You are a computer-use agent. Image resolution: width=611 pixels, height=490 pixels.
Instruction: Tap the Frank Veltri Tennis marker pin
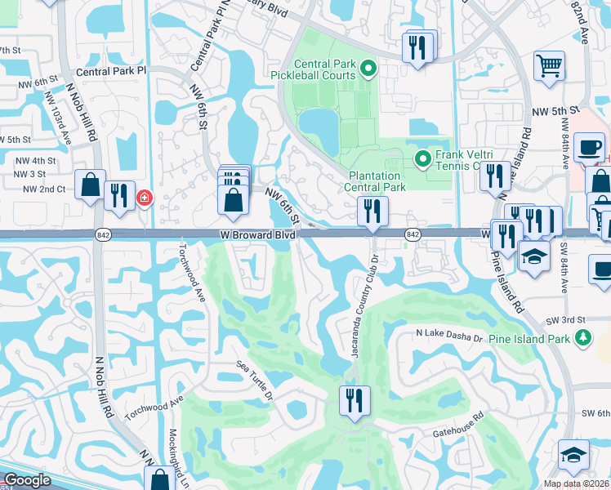point(423,158)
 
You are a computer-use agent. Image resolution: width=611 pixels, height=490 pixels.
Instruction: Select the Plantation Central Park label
point(376,181)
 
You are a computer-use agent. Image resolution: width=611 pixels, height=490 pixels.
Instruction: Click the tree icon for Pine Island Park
point(582,337)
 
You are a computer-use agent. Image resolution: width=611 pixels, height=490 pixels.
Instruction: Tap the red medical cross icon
point(145,198)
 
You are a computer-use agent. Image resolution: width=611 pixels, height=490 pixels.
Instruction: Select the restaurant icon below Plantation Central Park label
point(372,211)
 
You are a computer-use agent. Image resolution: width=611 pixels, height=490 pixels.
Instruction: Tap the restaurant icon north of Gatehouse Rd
point(355,400)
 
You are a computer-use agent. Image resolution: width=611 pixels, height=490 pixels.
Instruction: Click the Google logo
point(27,481)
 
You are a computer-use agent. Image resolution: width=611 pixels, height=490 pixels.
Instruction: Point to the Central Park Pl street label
point(110,71)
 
